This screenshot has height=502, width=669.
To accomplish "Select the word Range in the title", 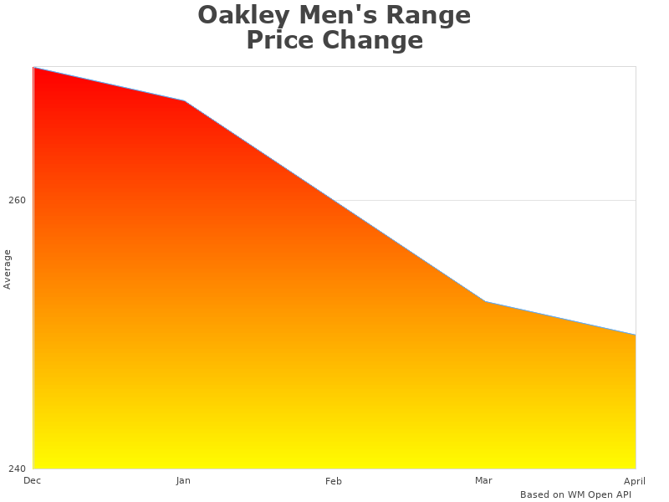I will tap(432, 15).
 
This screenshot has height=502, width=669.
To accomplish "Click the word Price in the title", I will tap(280, 40).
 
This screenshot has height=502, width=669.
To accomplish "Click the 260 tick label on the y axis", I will tap(17, 201).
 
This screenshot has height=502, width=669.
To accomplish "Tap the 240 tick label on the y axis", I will tap(17, 469).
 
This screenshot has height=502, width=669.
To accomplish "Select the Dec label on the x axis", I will tap(33, 480).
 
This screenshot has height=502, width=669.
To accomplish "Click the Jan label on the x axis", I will tap(183, 480).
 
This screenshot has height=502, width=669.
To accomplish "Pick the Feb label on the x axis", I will tap(334, 481).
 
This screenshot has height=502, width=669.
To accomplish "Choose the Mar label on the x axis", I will tap(483, 480).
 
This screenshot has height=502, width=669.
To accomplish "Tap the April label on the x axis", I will tap(635, 480).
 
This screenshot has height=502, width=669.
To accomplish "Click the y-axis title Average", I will tap(8, 269).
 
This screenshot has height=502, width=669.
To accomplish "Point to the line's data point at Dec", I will tap(33, 68).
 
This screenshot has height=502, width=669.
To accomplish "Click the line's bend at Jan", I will tap(184, 100).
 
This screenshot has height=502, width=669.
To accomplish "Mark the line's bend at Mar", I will tap(485, 301).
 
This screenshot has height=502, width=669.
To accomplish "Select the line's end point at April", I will tap(635, 335).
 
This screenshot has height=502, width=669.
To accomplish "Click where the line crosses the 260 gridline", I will tap(334, 201).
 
